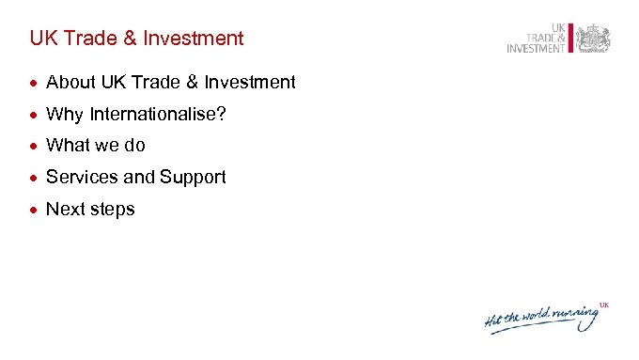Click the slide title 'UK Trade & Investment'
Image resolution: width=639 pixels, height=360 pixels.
point(136,39)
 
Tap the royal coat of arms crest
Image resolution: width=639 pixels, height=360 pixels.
point(593,39)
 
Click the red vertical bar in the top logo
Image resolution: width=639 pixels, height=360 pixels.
point(570,39)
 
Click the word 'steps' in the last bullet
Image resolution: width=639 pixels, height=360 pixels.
point(113,210)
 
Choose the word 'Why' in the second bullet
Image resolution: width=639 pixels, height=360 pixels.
point(64,114)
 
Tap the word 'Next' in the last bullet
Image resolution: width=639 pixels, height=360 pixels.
point(65,209)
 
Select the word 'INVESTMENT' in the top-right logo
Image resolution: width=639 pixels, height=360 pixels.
point(536,49)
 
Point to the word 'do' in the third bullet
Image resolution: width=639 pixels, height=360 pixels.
point(135,146)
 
